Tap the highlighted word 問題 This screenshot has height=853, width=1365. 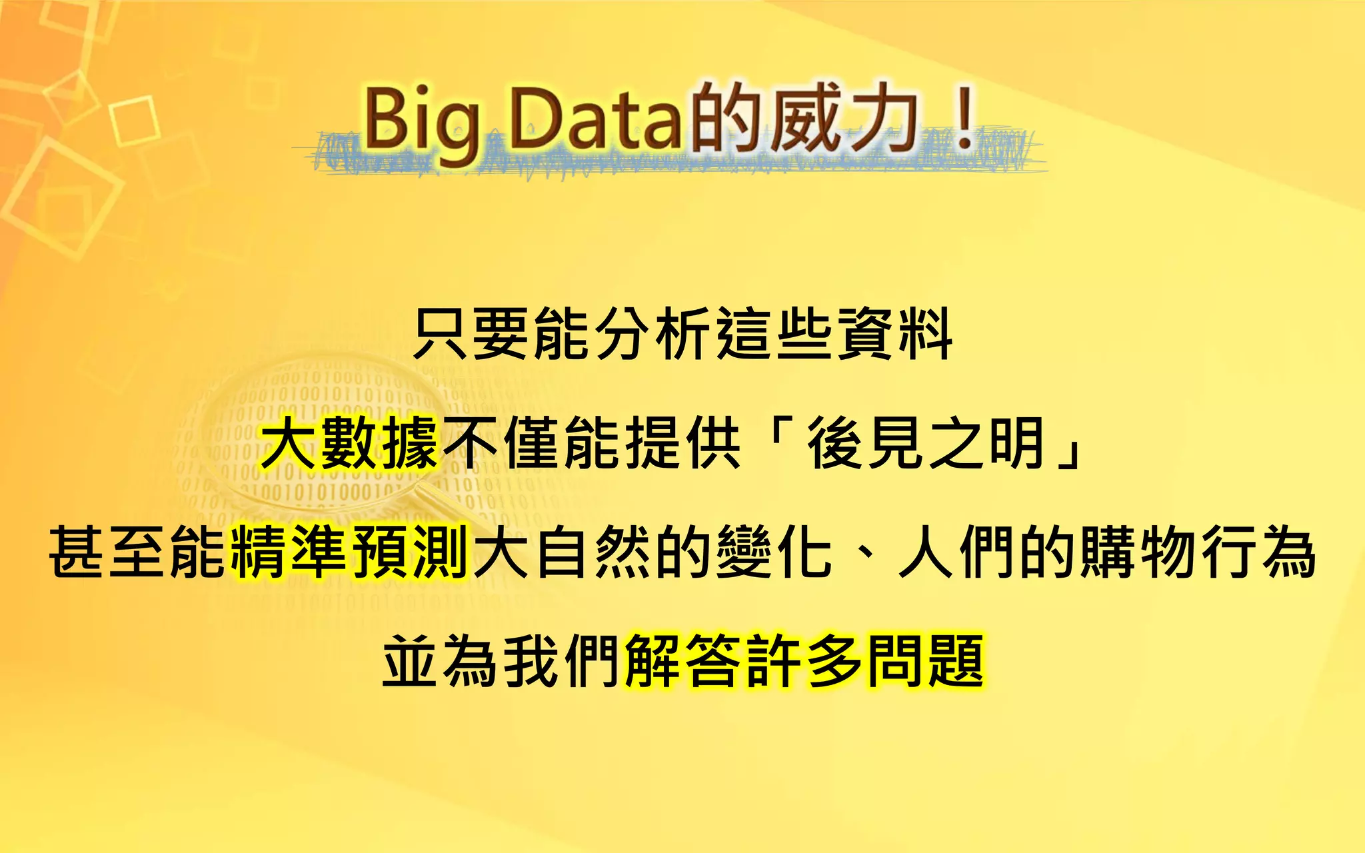[925, 660]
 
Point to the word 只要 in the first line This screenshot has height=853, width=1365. [471, 333]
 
